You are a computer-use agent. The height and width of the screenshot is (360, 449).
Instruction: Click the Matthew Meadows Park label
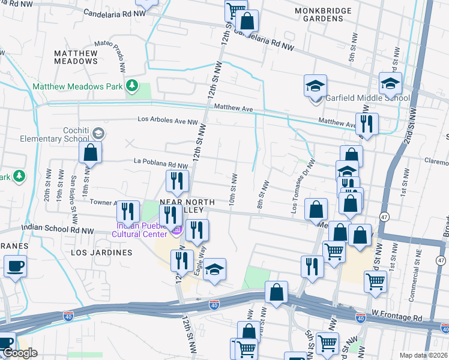[77, 86]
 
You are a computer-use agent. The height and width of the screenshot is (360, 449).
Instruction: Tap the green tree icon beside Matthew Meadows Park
[132, 86]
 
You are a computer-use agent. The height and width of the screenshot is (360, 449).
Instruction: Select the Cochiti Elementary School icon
[98, 133]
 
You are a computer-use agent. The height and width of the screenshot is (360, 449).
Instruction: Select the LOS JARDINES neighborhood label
[101, 253]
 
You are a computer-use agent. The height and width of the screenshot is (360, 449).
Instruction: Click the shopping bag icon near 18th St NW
[90, 152]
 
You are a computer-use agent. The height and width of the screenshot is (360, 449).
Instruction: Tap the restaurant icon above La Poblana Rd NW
[177, 181]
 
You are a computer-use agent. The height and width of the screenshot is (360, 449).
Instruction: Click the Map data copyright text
[424, 355]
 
